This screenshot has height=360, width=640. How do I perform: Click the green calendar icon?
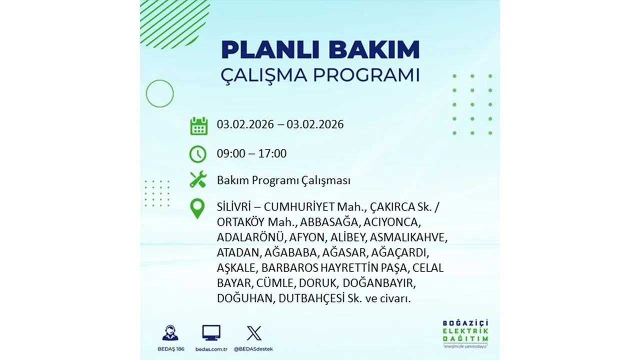tap(198, 125)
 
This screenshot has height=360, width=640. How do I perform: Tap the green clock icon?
tap(198, 154)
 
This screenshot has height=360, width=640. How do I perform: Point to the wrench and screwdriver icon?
tap(198, 179)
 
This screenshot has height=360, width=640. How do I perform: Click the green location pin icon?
tap(198, 209)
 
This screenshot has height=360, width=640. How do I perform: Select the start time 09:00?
tap(231, 153)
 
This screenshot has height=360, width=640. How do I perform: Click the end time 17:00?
tap(272, 153)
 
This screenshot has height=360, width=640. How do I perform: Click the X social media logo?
tap(254, 333)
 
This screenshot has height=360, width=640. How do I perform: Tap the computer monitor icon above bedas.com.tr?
tap(211, 333)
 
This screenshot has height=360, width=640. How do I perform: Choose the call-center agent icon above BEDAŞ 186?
tap(170, 333)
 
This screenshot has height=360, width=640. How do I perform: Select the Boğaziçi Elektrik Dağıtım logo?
tap(465, 333)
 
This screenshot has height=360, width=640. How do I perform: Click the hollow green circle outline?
tap(159, 93)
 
